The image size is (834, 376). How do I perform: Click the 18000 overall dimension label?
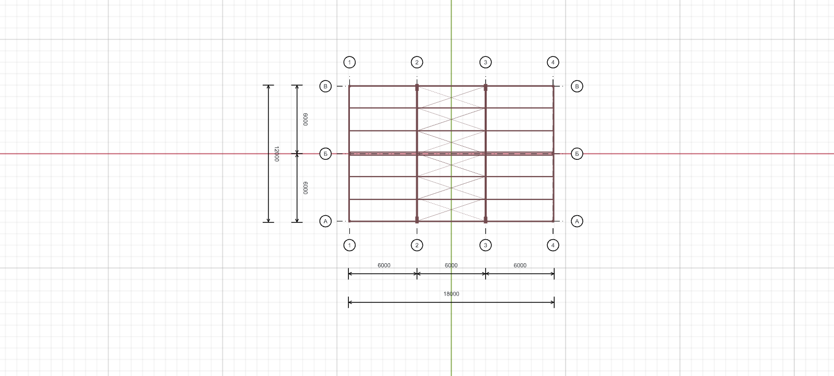coord(451,294)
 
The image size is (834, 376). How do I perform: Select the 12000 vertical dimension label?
coord(276,154)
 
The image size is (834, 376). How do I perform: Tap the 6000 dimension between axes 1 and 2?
coord(384,265)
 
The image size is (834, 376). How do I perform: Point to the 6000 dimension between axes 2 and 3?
coord(451,265)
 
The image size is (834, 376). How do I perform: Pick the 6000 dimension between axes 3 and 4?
coord(520,265)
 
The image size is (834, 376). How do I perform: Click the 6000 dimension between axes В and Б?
coord(306,120)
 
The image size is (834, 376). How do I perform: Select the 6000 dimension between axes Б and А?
coord(306,188)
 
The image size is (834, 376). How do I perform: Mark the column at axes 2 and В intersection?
coord(417,87)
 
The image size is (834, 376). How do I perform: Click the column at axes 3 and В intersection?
coord(486,87)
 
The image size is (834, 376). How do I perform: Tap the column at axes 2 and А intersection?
coord(417,220)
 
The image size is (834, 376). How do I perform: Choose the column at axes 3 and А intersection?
coord(486,220)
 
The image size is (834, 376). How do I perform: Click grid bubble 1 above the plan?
coord(349,63)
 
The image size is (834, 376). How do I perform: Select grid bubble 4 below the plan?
coord(553,245)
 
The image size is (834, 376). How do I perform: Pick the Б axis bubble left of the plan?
coord(325,154)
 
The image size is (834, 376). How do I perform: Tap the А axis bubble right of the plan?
coord(577,221)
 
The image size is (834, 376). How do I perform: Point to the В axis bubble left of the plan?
coord(325,86)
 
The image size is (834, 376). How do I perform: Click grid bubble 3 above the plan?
coord(486,63)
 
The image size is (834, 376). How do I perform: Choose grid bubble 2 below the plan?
coord(417,245)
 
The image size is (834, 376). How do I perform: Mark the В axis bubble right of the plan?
coord(577,86)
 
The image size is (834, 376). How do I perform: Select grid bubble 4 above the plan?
coord(553,63)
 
